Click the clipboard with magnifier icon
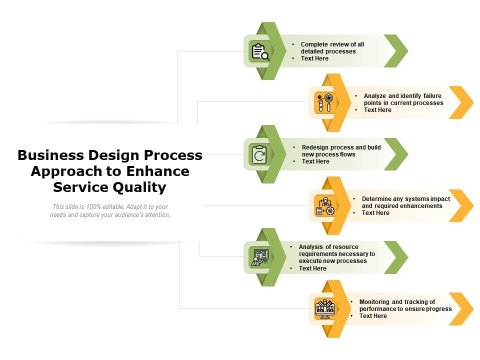coord(260,51)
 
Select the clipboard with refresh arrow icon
coord(260,154)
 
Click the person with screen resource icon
coord(260,257)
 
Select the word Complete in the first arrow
coord(315,44)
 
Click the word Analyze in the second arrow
coord(375,96)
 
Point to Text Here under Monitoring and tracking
coord(373,316)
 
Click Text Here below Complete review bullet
coord(314,58)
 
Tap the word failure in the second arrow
coord(432,96)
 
